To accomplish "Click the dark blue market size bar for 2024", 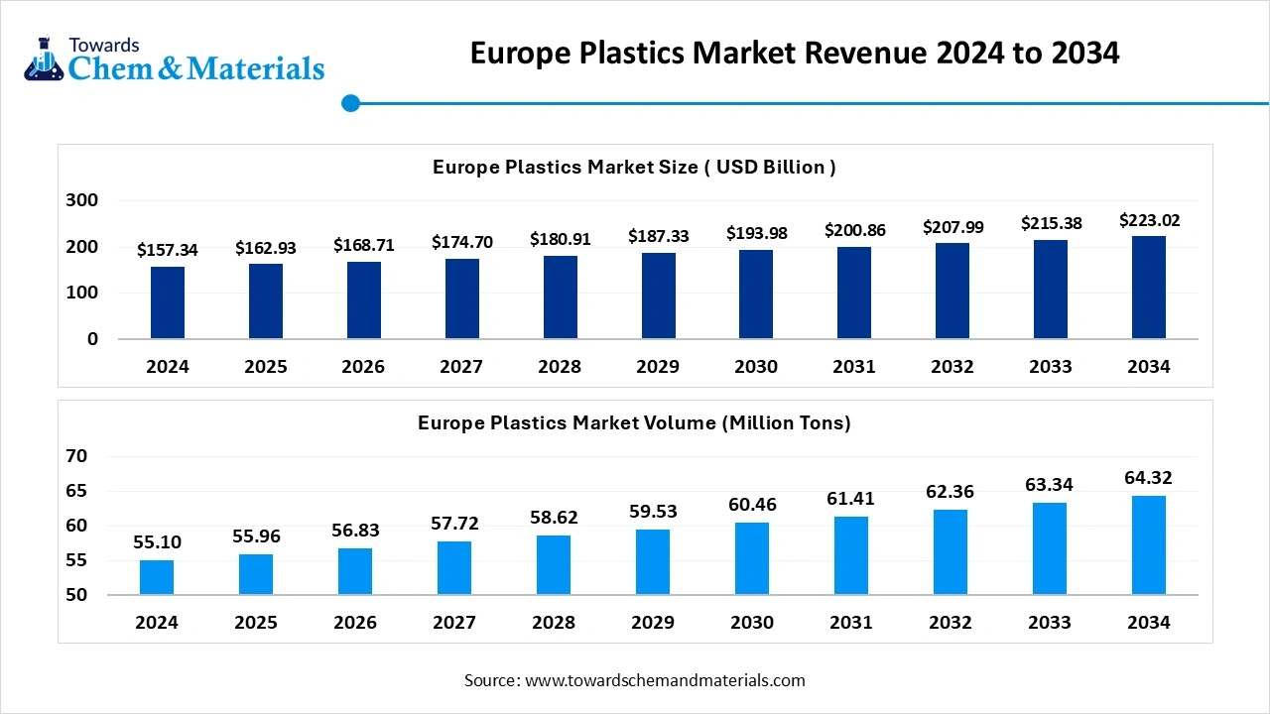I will pos(168,302).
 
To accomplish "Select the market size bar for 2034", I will pos(1149,288).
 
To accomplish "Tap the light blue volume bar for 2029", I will pos(653,562).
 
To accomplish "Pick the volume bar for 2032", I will pos(951,552).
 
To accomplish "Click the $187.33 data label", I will pos(658,236).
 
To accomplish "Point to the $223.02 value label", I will pos(1149,220).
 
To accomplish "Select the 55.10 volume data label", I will pos(157,542).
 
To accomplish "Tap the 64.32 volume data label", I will pos(1149,478).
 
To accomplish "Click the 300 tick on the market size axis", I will pos(82,200).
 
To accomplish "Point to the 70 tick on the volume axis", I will pos(77,456).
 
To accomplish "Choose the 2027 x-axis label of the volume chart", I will pos(454,623).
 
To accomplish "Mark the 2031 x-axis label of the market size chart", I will pos(854,367).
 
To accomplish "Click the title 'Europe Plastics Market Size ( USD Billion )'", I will pos(634,168).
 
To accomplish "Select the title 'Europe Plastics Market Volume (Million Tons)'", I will pos(634,423).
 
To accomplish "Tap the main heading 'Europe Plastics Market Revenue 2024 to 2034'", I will pos(794,53).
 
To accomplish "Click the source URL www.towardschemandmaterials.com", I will pos(664,680).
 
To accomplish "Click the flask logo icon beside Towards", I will pos(43,61).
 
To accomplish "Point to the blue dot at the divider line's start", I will pos(350,103).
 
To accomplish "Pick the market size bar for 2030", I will pos(756,295).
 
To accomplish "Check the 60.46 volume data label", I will pos(752,505).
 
